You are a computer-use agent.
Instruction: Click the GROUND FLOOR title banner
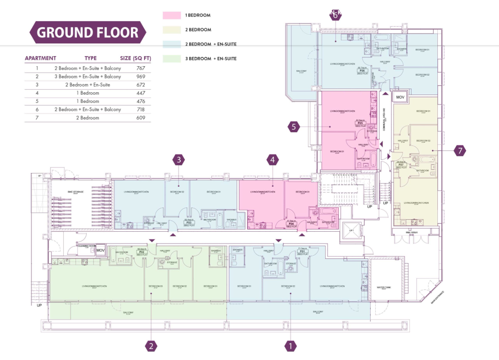click(88, 33)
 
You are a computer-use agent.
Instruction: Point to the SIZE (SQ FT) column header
click(136, 58)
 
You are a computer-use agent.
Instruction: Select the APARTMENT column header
click(40, 58)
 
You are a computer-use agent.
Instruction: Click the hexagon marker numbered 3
click(179, 160)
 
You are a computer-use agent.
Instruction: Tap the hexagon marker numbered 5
click(294, 126)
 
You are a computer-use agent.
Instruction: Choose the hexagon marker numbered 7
click(459, 150)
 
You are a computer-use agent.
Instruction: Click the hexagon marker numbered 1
click(290, 346)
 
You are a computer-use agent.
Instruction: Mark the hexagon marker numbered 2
click(151, 346)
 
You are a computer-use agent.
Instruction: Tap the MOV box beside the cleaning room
click(101, 250)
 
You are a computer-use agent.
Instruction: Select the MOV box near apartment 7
click(400, 97)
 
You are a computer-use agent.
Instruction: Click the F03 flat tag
click(188, 222)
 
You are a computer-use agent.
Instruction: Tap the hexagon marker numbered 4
click(273, 160)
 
